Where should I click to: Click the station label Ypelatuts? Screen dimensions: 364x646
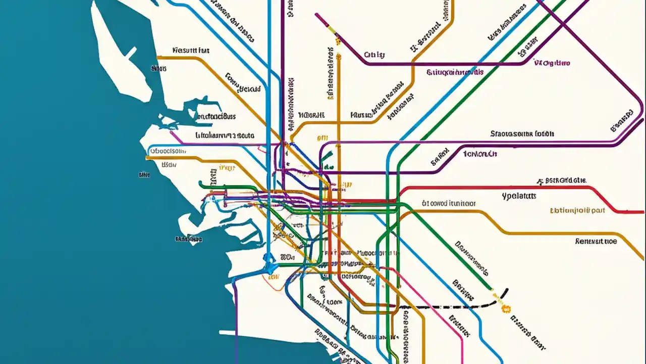click(x=519, y=196)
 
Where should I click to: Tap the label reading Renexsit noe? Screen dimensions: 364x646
click(x=596, y=242)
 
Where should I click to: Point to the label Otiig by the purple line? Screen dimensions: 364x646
click(x=374, y=55)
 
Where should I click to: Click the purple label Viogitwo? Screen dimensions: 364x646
click(x=552, y=63)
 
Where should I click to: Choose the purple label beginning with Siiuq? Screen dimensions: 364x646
click(x=455, y=72)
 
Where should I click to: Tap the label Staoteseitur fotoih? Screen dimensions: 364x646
click(x=522, y=134)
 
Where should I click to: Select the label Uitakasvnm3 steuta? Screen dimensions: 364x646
click(x=225, y=135)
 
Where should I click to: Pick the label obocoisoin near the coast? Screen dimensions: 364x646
click(x=168, y=151)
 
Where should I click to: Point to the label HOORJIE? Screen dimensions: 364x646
click(x=311, y=115)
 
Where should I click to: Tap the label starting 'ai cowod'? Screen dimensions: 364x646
click(x=448, y=204)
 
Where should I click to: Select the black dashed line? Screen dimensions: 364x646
click(x=444, y=306)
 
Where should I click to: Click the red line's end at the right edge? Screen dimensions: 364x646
click(x=642, y=211)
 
